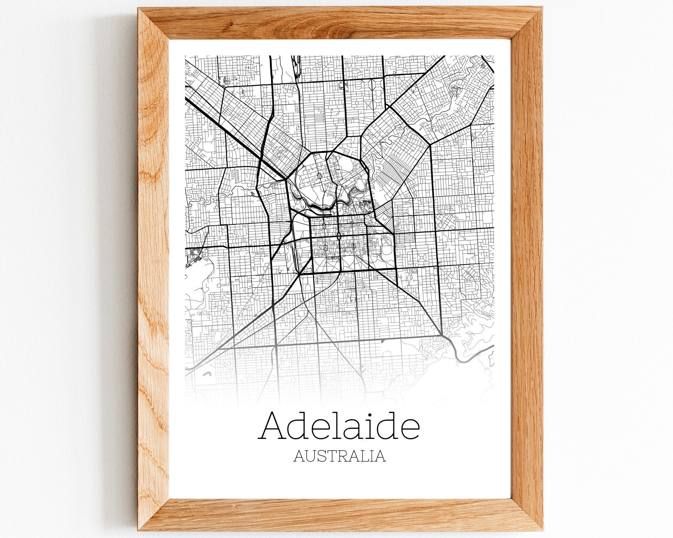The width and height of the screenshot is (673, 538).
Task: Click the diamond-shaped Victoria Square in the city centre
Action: [339, 236]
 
